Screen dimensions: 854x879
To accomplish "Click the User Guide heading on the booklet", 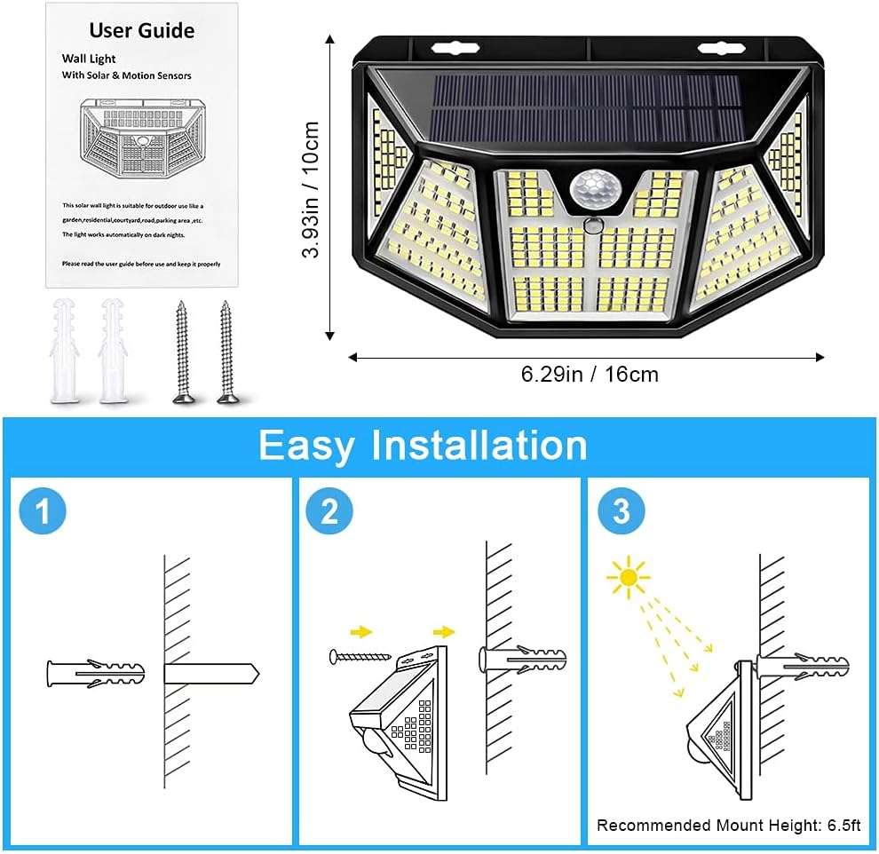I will coord(142,31).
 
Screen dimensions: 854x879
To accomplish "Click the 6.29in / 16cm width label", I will coord(590,375).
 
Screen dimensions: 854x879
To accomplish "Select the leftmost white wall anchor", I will coord(65,351).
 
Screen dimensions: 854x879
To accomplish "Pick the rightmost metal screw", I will coord(226,352).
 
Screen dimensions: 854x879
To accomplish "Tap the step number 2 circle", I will coord(329,512).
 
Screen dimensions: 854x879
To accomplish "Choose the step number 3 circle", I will coord(621,512).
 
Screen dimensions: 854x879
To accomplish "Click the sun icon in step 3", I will coord(629,578).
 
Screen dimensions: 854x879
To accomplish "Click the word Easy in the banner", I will coord(311,445).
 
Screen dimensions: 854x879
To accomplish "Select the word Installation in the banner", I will coord(479,445).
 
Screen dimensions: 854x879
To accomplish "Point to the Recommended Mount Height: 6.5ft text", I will coord(728,826).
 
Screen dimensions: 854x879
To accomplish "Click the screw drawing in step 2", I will coord(360,657).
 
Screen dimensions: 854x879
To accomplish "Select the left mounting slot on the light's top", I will coord(451,48).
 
